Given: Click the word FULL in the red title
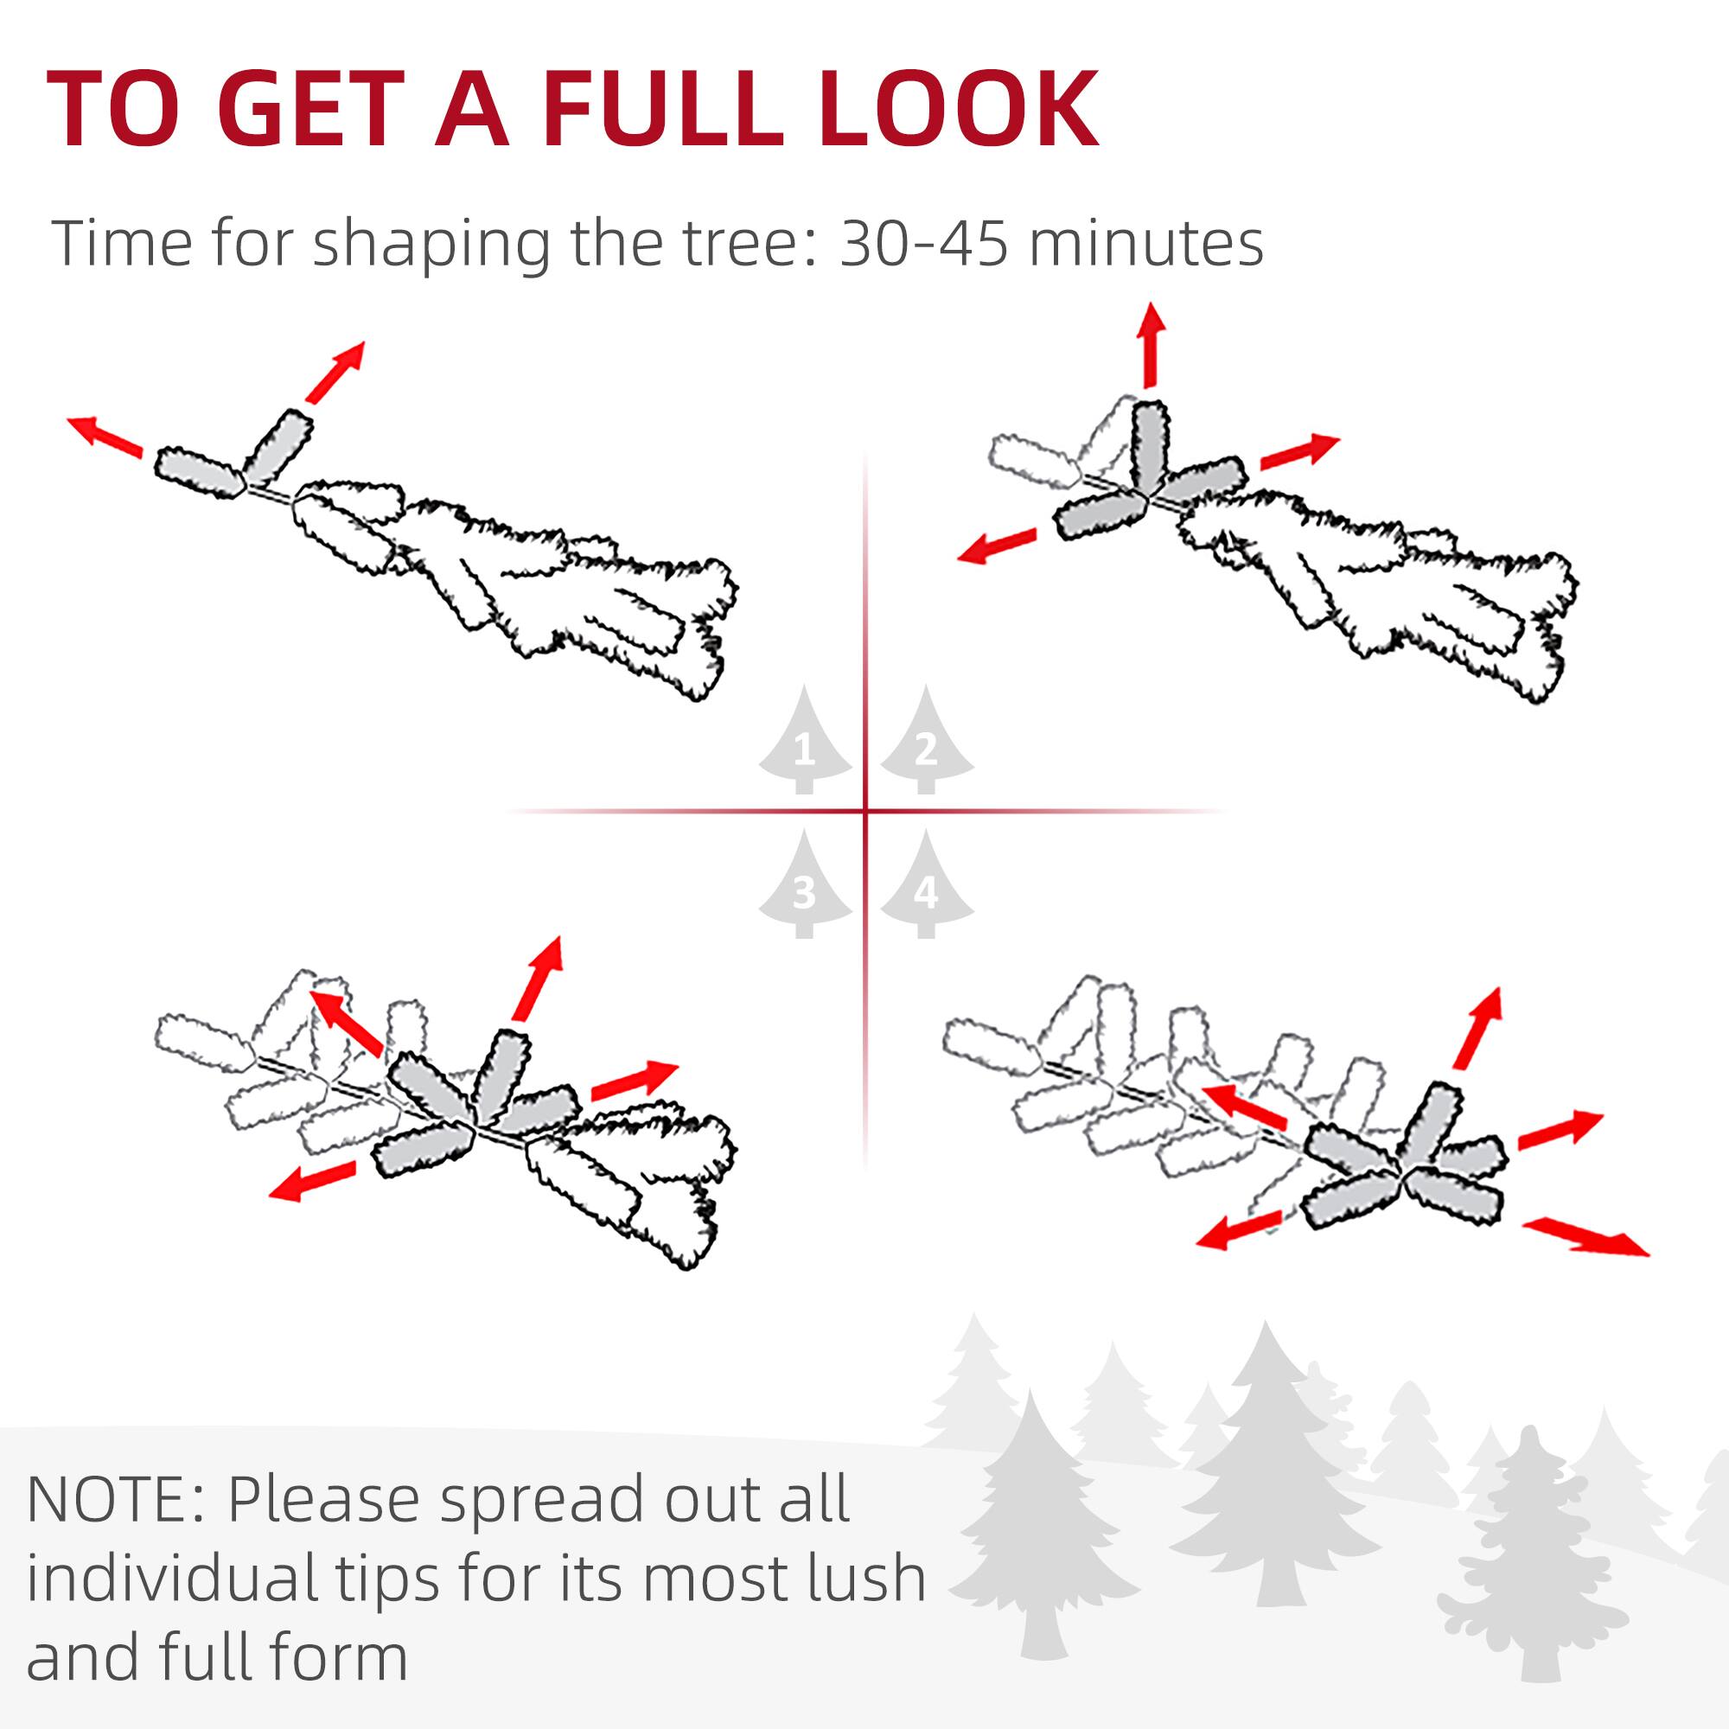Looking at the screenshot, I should point(664,109).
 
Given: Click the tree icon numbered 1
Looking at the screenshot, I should point(805,743).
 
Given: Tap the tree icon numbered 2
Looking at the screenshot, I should point(926,743).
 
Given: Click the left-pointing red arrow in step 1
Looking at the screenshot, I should point(105,436).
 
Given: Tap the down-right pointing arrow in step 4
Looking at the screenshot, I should point(1585,1238).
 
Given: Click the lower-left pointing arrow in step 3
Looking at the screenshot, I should point(313,1181).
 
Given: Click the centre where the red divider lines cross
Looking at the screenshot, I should point(865,812).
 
